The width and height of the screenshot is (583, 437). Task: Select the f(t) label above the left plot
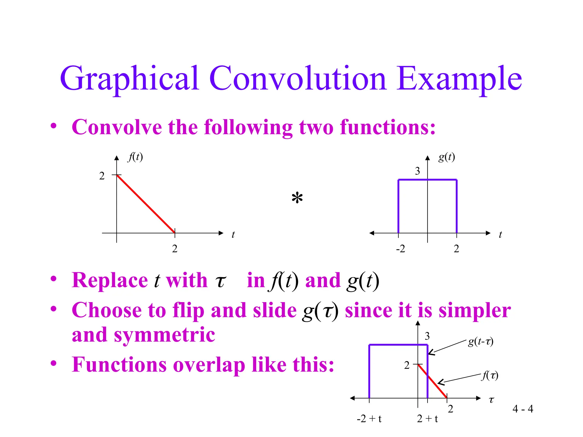pos(135,157)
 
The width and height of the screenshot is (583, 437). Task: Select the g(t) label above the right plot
pos(446,157)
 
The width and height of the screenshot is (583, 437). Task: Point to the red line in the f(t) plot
pos(146,204)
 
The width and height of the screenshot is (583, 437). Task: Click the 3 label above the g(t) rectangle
pos(417,171)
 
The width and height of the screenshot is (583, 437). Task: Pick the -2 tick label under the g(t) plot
pos(400,249)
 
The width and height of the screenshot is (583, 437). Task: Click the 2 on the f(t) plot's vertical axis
pos(102,176)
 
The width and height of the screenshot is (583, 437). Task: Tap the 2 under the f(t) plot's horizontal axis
pos(175,249)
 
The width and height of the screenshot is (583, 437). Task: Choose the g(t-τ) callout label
pos(481,341)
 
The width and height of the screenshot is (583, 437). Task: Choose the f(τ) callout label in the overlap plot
pos(490,376)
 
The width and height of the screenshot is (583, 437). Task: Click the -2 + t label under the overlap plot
pos(369,419)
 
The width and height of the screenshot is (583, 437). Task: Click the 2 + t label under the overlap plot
pos(427,419)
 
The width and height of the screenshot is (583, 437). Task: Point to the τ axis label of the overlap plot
pos(491,400)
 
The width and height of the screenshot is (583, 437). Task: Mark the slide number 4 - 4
pos(523,409)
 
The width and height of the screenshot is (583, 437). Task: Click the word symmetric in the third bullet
pos(164,335)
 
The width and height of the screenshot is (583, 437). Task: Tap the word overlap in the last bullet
pos(209,364)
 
